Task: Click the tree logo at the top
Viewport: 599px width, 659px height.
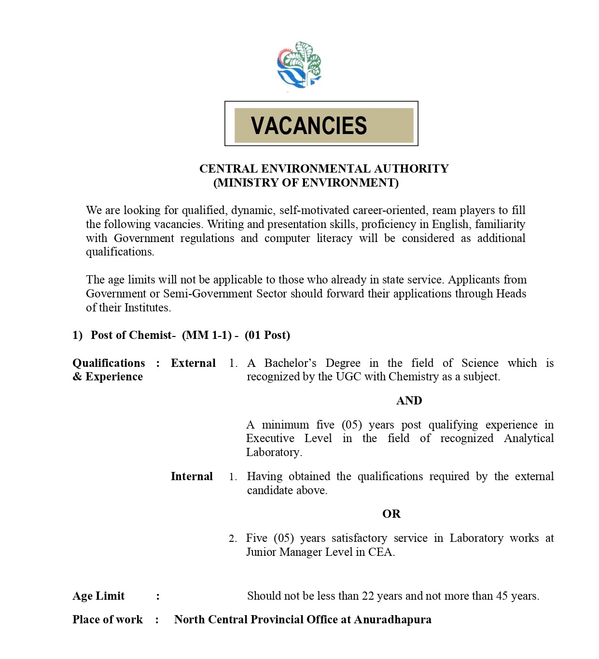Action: click(299, 65)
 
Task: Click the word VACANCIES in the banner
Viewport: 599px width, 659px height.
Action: click(309, 126)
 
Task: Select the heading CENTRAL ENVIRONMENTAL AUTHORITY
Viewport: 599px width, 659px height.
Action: click(324, 169)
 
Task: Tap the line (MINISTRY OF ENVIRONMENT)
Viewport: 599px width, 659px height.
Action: click(306, 183)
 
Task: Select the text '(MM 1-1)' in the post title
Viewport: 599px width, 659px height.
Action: click(207, 336)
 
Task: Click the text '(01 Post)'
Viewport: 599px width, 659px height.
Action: click(267, 336)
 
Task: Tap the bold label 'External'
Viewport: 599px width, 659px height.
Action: click(193, 363)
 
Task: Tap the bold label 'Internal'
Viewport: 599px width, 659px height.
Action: click(192, 477)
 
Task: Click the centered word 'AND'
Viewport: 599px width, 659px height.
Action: click(409, 401)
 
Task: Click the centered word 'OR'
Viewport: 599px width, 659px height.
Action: click(391, 514)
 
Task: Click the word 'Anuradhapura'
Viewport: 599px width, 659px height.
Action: click(392, 620)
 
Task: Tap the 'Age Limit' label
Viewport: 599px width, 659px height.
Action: click(98, 596)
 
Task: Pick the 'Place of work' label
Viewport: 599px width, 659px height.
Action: click(108, 620)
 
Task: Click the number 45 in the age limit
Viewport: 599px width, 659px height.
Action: click(502, 596)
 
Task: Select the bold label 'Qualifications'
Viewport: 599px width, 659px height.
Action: click(109, 363)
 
